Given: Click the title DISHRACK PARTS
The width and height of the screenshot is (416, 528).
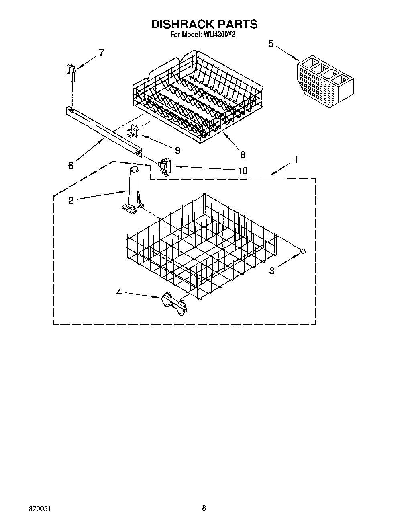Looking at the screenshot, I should tap(204, 24).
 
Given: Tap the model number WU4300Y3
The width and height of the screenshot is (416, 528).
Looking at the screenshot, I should tap(220, 35).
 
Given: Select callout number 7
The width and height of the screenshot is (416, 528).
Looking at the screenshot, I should tap(101, 53).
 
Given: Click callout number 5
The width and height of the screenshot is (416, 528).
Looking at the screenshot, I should tap(271, 43).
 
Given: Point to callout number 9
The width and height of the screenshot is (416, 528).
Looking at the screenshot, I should tap(177, 150).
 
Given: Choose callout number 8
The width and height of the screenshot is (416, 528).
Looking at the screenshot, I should tap(243, 154).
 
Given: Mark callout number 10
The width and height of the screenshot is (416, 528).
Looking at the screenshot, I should tap(243, 171).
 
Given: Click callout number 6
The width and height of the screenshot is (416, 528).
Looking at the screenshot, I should tap(71, 165).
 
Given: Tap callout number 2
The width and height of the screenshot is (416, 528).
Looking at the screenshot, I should tap(71, 200).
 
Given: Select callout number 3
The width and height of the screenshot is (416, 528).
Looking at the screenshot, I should tap(272, 271).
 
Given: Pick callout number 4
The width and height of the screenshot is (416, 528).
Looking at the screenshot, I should tap(119, 292).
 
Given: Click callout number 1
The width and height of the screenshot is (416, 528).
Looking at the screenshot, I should tap(296, 160).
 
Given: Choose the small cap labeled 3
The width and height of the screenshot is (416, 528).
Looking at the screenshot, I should tap(303, 251).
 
